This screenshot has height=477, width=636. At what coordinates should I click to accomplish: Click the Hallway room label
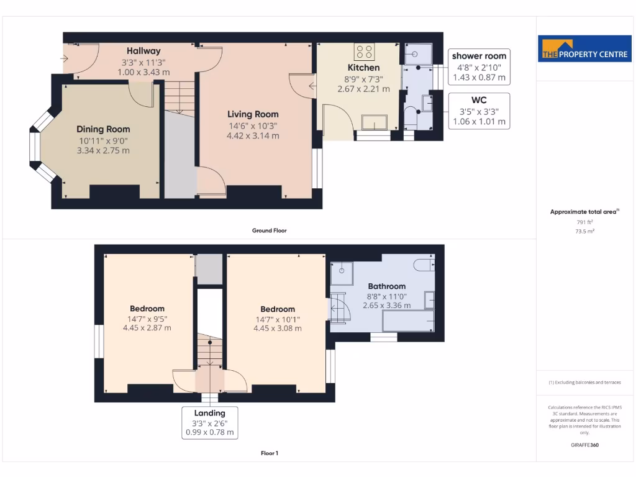click(143, 51)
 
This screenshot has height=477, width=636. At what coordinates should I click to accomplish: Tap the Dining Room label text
click(103, 129)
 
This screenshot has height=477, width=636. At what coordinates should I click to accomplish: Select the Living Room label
click(253, 114)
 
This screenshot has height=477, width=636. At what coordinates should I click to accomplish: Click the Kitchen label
click(363, 68)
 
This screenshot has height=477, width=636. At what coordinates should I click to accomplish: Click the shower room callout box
click(479, 66)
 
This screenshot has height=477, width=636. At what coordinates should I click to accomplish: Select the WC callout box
click(479, 111)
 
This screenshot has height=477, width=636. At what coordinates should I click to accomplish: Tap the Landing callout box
click(209, 422)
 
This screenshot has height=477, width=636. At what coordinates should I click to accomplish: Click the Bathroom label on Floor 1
click(386, 286)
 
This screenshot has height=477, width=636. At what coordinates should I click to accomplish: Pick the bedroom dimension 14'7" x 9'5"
click(147, 319)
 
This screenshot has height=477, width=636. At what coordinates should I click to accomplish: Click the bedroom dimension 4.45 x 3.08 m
click(278, 329)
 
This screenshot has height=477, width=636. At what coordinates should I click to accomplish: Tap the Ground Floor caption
click(269, 230)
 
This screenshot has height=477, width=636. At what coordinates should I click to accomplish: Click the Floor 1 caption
click(269, 453)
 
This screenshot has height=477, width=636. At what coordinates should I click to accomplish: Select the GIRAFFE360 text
click(584, 445)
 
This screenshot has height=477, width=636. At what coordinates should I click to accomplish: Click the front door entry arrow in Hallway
click(65, 58)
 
